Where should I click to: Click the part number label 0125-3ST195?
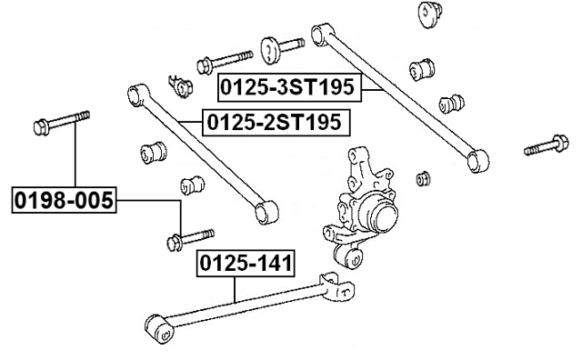pos(289,89)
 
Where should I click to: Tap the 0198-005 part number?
pos(64,199)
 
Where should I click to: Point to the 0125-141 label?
pos(246,265)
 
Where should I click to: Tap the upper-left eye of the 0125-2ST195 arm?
pos(135,92)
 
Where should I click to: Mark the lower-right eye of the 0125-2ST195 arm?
pos(265,212)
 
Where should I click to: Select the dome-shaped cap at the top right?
pos(428,15)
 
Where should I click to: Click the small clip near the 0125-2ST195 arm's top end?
pos(180,84)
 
